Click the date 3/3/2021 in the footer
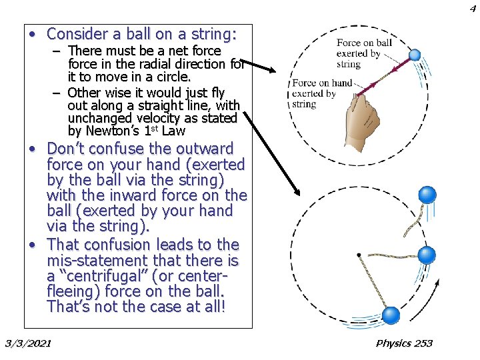coord(28,343)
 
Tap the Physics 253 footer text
coord(404,343)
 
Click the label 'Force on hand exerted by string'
coord(322,93)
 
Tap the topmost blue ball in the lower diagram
coord(427,195)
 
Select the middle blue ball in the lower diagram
coord(426,254)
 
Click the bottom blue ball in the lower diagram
coord(391,315)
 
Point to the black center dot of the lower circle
coord(359,255)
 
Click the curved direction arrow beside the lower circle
coord(434,291)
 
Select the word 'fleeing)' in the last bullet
coord(74,291)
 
